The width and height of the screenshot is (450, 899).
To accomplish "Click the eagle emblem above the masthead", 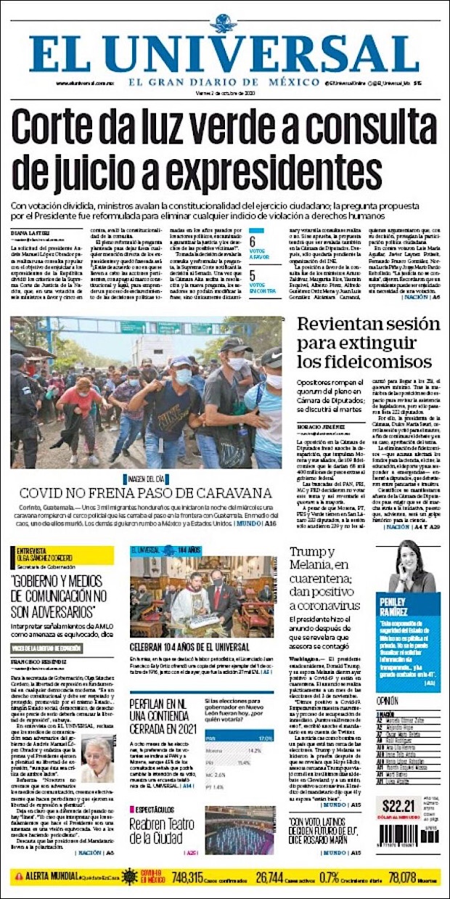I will [x=223, y=23].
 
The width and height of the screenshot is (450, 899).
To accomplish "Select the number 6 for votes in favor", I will [x=253, y=241].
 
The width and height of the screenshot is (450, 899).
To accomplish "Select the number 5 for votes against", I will [x=253, y=276].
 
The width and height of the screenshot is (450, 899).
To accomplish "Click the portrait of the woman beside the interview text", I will [x=97, y=759].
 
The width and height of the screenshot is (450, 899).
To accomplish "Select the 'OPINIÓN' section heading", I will [x=389, y=701].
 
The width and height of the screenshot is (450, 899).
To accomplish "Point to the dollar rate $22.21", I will [x=398, y=804].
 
